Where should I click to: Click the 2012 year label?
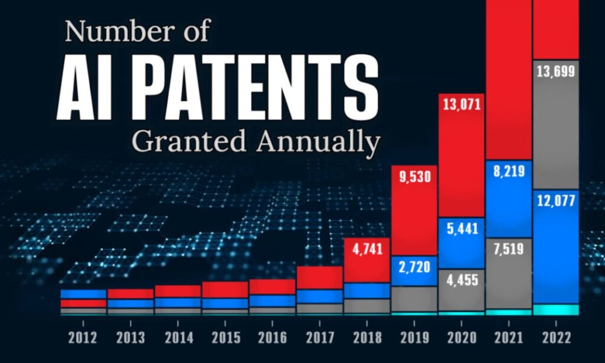[83, 338]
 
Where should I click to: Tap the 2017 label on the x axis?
[320, 338]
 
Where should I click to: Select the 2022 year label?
[557, 338]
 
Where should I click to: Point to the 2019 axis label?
[414, 338]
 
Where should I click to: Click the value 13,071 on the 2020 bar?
[462, 104]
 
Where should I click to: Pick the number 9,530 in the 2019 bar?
[414, 177]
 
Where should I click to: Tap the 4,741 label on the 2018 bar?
[367, 249]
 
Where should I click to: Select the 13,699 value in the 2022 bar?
[555, 72]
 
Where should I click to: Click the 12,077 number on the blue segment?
[556, 201]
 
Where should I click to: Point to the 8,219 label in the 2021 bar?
[509, 171]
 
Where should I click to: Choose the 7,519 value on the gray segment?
[509, 249]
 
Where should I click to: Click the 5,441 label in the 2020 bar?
[462, 229]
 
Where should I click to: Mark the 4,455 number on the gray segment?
[462, 280]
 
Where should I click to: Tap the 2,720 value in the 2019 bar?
[414, 267]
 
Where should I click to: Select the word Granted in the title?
[189, 141]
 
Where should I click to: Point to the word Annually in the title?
[318, 142]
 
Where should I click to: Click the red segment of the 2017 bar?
[320, 278]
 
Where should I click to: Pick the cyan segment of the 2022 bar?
[556, 309]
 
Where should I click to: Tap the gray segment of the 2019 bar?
[414, 299]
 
